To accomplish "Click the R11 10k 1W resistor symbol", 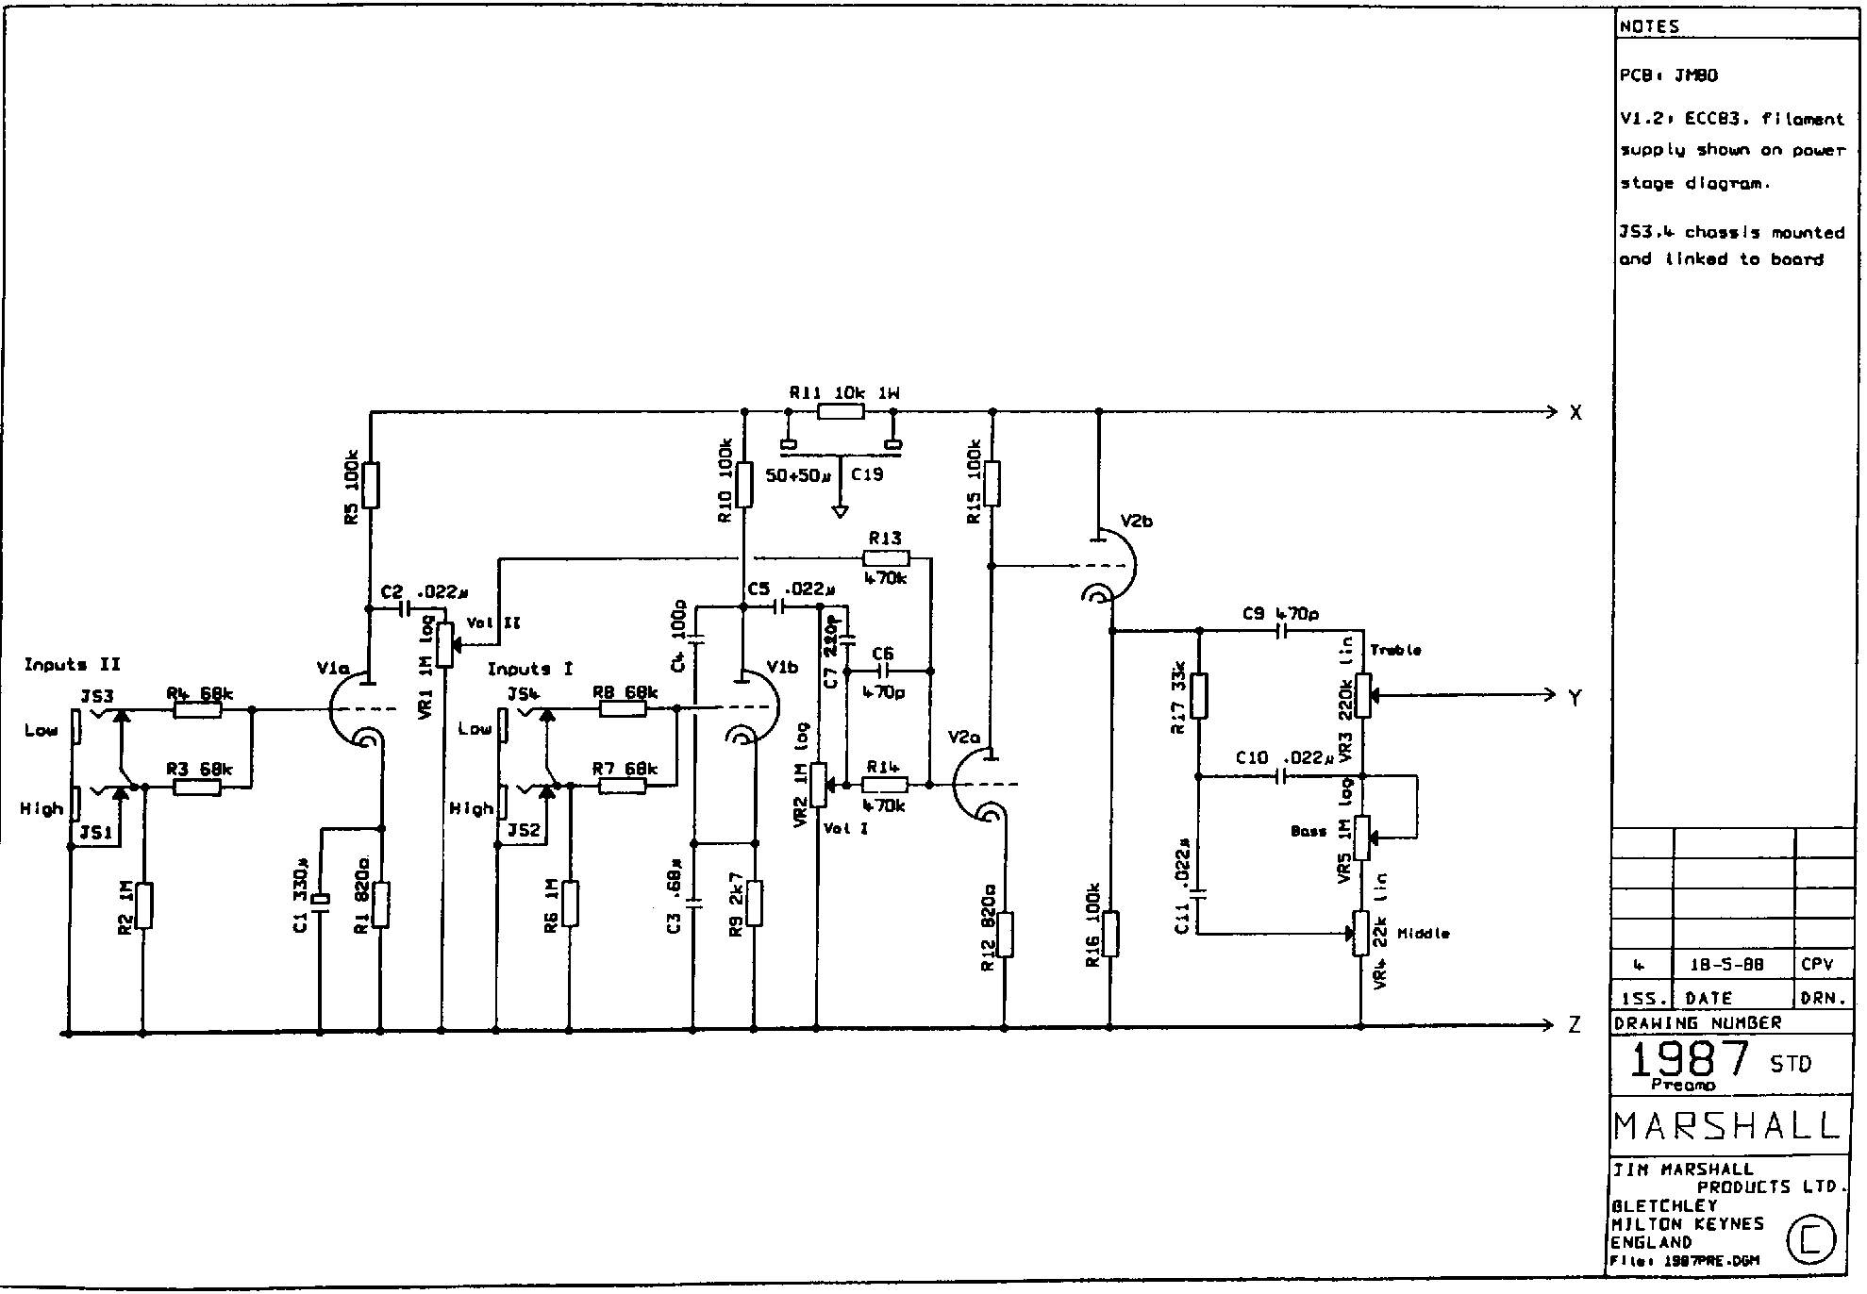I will tap(840, 411).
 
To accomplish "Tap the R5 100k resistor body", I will tap(371, 485).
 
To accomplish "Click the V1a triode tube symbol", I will tap(358, 712).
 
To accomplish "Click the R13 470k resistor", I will tap(885, 557).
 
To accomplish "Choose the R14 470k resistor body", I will tap(885, 784).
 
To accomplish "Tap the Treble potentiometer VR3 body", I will tap(1361, 697).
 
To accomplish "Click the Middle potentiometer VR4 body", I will tap(1361, 934).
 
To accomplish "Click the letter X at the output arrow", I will tap(1575, 412).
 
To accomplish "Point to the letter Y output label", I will tap(1575, 698).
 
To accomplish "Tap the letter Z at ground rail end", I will tap(1575, 1025).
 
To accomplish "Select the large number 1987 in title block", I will tap(1689, 1060).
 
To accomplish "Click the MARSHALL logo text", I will tap(1727, 1125).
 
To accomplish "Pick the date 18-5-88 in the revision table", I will tap(1733, 966).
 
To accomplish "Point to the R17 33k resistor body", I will tap(1199, 696).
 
